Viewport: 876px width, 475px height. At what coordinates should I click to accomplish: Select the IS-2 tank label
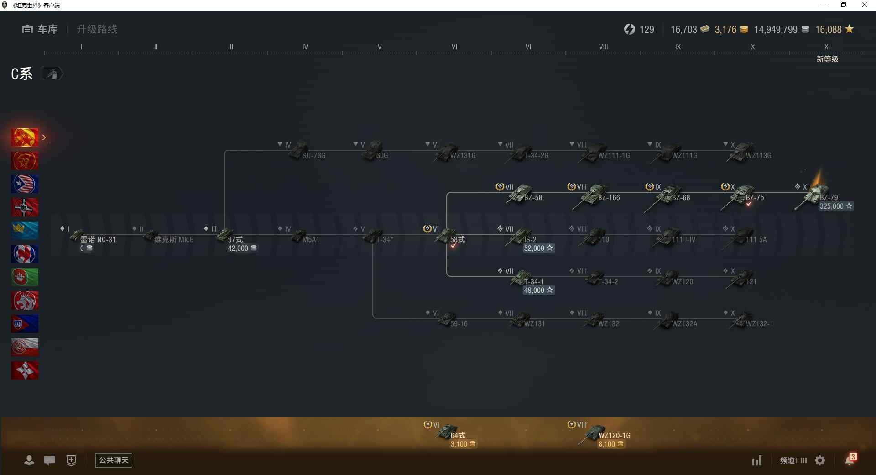click(x=530, y=239)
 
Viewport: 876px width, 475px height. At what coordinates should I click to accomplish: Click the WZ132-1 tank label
click(x=759, y=324)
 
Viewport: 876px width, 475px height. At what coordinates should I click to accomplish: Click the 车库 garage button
click(x=40, y=29)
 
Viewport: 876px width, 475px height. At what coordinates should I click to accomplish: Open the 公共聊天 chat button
click(x=114, y=460)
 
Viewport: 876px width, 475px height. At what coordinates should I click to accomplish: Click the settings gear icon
click(x=820, y=460)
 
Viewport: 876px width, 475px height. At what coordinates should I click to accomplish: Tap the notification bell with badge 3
click(x=850, y=459)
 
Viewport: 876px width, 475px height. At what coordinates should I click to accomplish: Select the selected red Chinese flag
click(x=25, y=137)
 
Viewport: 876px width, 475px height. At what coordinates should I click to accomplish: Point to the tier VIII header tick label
click(x=603, y=47)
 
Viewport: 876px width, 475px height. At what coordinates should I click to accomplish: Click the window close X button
click(x=864, y=5)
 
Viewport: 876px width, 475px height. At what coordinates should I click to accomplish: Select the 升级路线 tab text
click(x=97, y=29)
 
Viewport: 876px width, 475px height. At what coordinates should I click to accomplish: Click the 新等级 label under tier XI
click(x=827, y=59)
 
